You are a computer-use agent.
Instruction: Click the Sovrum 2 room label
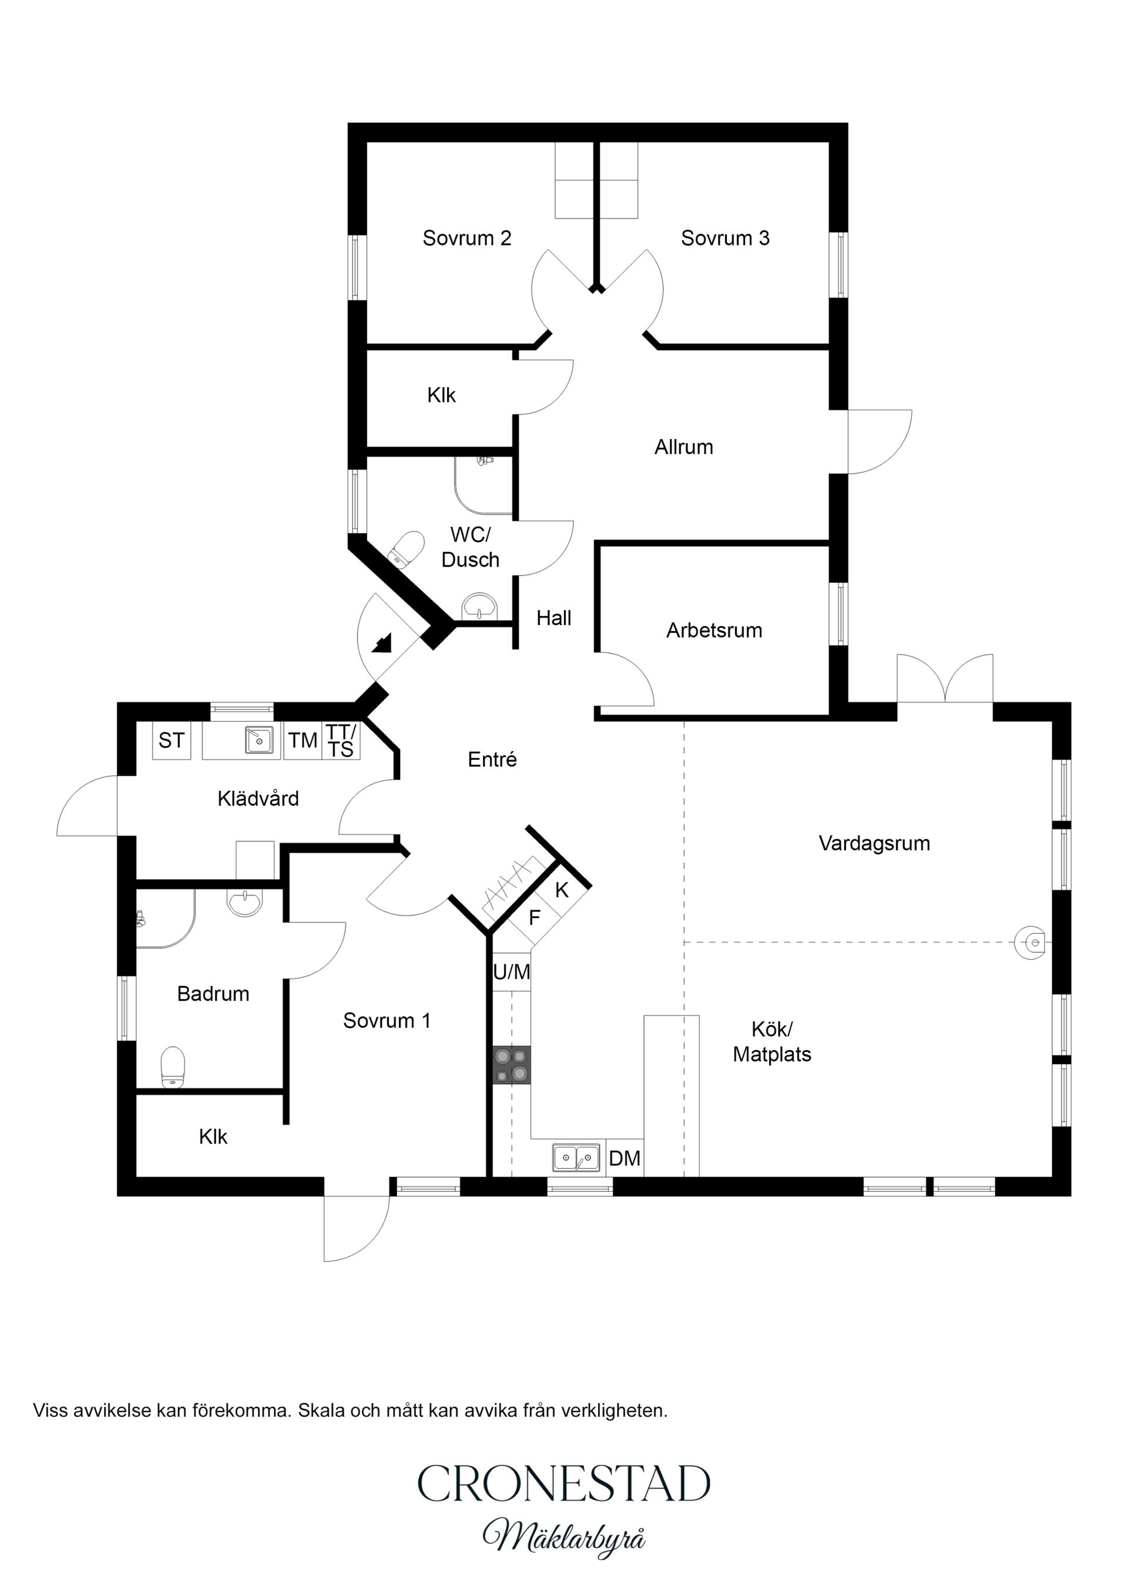click(466, 239)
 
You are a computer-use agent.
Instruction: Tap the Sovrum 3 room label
click(725, 239)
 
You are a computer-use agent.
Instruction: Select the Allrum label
click(684, 447)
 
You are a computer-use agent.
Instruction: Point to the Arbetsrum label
click(714, 631)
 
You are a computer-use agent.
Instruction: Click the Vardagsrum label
click(874, 843)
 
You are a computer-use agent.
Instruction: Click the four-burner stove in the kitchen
click(512, 1065)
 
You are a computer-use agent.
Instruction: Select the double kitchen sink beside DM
click(576, 1158)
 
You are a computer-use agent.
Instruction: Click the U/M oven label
click(512, 972)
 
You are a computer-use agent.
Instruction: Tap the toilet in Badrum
click(173, 1068)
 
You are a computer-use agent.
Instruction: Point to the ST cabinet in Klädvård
click(171, 740)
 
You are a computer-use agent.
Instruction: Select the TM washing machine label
click(303, 740)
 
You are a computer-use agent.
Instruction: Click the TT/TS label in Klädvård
click(341, 740)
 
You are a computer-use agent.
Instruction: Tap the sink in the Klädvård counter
click(258, 740)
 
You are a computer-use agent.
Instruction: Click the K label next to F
click(562, 890)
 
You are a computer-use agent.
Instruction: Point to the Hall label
click(553, 618)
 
